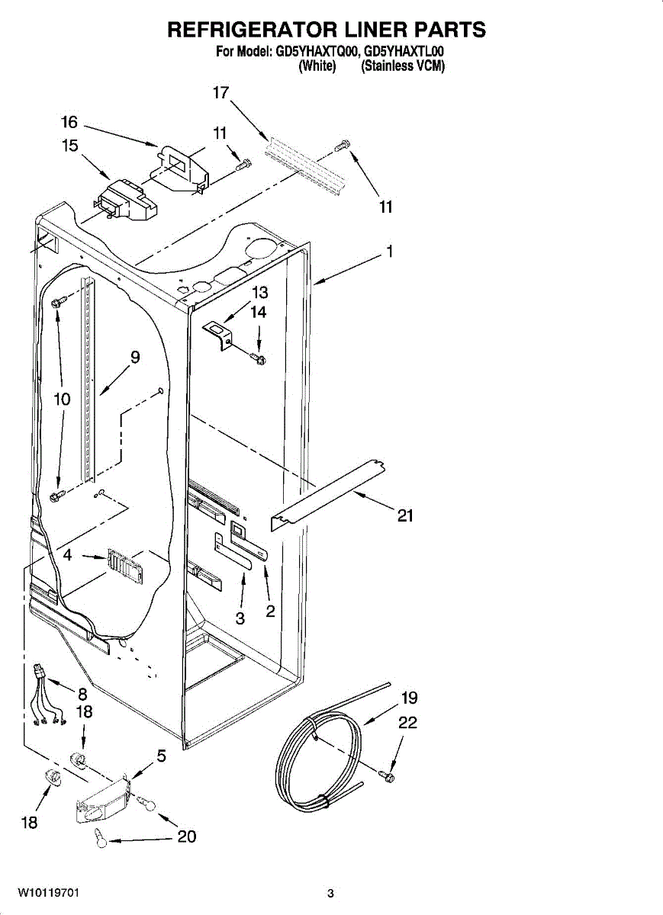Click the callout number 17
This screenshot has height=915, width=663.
pos(220,93)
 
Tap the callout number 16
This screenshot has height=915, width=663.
pos(69,122)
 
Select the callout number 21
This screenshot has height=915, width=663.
pos(405,516)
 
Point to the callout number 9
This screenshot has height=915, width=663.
pos(134,355)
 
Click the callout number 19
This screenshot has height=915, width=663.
pos(410,698)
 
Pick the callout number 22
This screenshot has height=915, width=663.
pos(408,722)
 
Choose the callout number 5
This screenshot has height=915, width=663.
pos(162,756)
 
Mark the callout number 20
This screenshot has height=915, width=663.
pos(187,836)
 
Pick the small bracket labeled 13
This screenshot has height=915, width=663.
pos(219,333)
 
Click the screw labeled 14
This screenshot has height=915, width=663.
pos(260,358)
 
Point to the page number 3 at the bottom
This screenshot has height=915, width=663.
pos(330,893)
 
